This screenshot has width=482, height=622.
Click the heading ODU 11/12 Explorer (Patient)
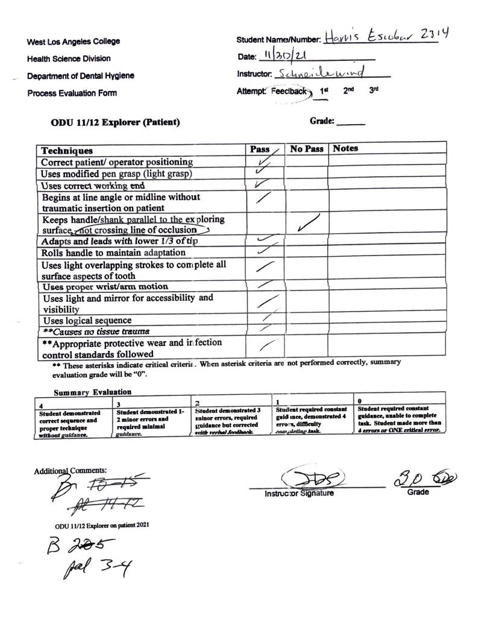[x=116, y=122]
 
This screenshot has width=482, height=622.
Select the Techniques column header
[x=67, y=151]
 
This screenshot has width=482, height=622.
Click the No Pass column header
[x=307, y=149]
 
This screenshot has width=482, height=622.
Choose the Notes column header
[x=345, y=148]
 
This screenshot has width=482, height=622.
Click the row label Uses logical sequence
[x=86, y=321]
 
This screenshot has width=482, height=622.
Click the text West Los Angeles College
[x=73, y=42]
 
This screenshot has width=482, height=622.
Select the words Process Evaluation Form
[x=72, y=93]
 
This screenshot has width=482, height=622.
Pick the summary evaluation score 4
[x=41, y=406]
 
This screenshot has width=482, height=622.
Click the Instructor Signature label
[x=299, y=494]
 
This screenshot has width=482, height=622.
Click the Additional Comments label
[x=70, y=470]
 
